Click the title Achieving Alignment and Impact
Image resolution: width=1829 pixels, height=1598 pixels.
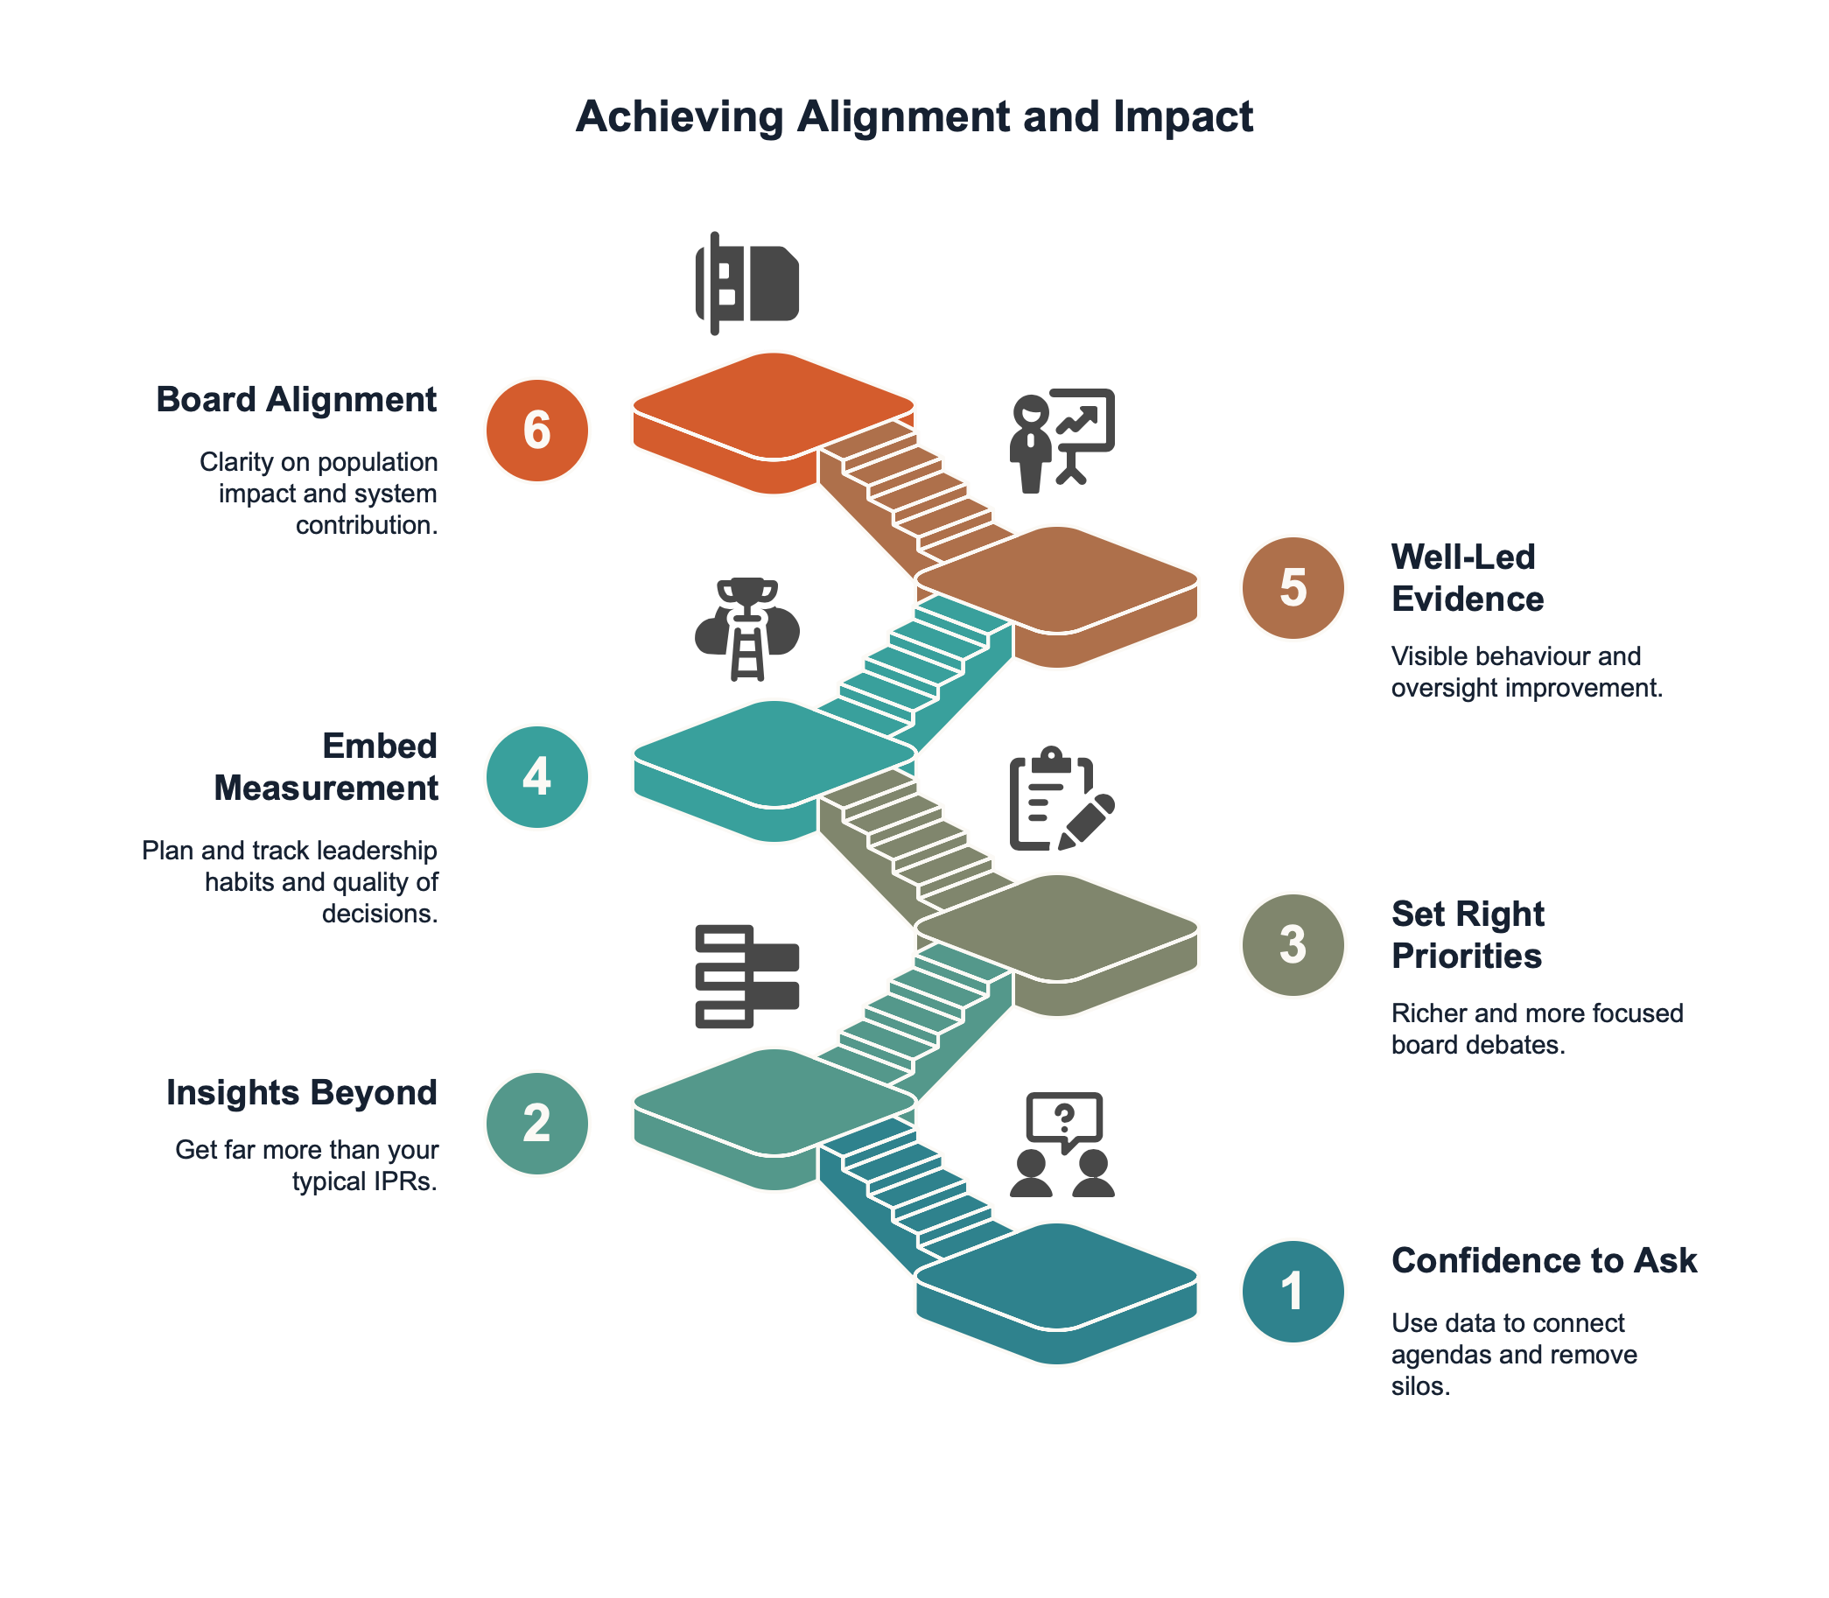(x=914, y=116)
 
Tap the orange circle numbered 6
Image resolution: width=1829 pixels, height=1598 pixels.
(x=536, y=431)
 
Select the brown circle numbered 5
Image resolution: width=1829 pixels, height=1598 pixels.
(x=1293, y=588)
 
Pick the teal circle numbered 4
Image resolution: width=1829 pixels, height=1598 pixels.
(x=536, y=777)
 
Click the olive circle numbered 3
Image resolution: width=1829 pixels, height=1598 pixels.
(x=1293, y=944)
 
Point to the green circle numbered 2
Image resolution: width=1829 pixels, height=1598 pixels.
(x=536, y=1123)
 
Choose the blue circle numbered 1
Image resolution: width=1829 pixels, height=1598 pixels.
(x=1293, y=1290)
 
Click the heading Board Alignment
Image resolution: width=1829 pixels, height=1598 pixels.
(x=296, y=399)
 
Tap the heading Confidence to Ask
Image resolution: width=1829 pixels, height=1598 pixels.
(x=1544, y=1261)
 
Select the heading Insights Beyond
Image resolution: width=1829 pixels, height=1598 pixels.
(x=301, y=1092)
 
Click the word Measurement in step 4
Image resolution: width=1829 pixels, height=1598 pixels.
(x=326, y=788)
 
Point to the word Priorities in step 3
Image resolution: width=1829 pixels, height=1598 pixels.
(x=1466, y=956)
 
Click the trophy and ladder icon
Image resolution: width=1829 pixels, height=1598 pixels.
(x=747, y=629)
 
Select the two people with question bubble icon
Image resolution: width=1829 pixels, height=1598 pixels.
(x=1062, y=1145)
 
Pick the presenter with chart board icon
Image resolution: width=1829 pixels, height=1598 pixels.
(x=1062, y=440)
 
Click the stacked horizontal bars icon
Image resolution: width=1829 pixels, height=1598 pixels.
(x=747, y=977)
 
